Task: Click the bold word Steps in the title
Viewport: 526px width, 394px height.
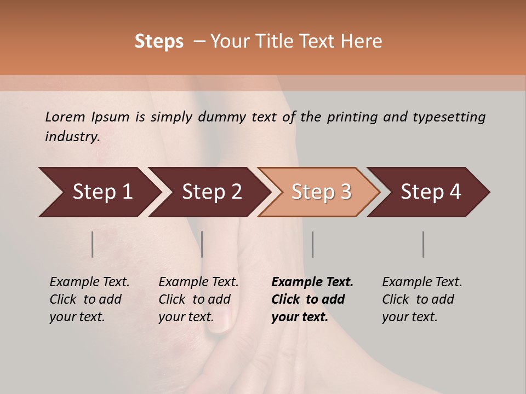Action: [x=159, y=42]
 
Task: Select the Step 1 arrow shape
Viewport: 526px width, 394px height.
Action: [x=99, y=192]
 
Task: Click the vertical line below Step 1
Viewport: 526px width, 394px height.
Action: [x=92, y=244]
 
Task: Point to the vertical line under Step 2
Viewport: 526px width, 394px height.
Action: [x=202, y=244]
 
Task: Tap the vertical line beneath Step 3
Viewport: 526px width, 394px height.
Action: [x=312, y=244]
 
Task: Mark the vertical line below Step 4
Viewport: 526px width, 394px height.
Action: [x=423, y=244]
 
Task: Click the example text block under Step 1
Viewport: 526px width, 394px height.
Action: [x=89, y=299]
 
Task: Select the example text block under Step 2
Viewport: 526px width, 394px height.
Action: [x=198, y=299]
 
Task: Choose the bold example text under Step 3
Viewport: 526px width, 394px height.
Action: [x=312, y=299]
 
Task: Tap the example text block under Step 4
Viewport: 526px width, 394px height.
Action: [x=422, y=299]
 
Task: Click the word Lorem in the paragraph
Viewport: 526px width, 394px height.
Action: [x=65, y=117]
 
